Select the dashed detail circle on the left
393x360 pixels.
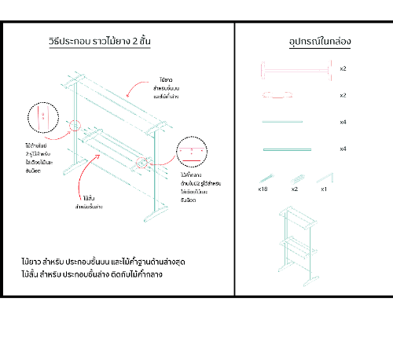[x=43, y=118]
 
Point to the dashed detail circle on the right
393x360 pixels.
[x=193, y=152]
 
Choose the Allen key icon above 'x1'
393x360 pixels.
[x=323, y=177]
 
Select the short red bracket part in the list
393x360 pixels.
[x=279, y=95]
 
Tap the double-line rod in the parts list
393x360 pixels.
[x=288, y=149]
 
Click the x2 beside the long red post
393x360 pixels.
[x=343, y=69]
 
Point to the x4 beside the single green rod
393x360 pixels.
[x=343, y=122]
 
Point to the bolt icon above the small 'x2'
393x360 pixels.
[x=295, y=177]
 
